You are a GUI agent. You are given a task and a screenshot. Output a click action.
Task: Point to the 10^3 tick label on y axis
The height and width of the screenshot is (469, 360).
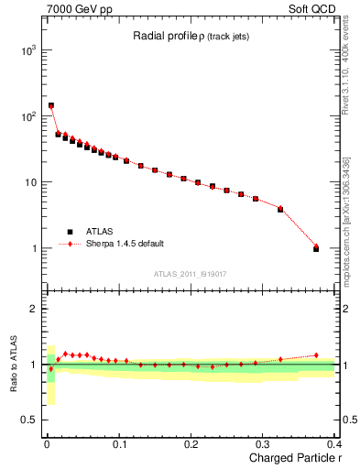27,50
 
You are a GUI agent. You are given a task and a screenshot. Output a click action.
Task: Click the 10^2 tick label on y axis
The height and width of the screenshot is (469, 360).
27,116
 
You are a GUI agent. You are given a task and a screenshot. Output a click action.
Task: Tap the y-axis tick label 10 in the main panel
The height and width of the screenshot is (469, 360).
29,182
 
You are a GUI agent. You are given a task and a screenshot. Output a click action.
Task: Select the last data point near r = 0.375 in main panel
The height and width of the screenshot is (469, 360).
316,247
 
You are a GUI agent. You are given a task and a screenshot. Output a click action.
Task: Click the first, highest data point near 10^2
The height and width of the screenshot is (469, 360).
50,105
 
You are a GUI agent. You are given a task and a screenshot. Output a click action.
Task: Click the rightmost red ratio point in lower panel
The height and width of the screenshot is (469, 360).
316,355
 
